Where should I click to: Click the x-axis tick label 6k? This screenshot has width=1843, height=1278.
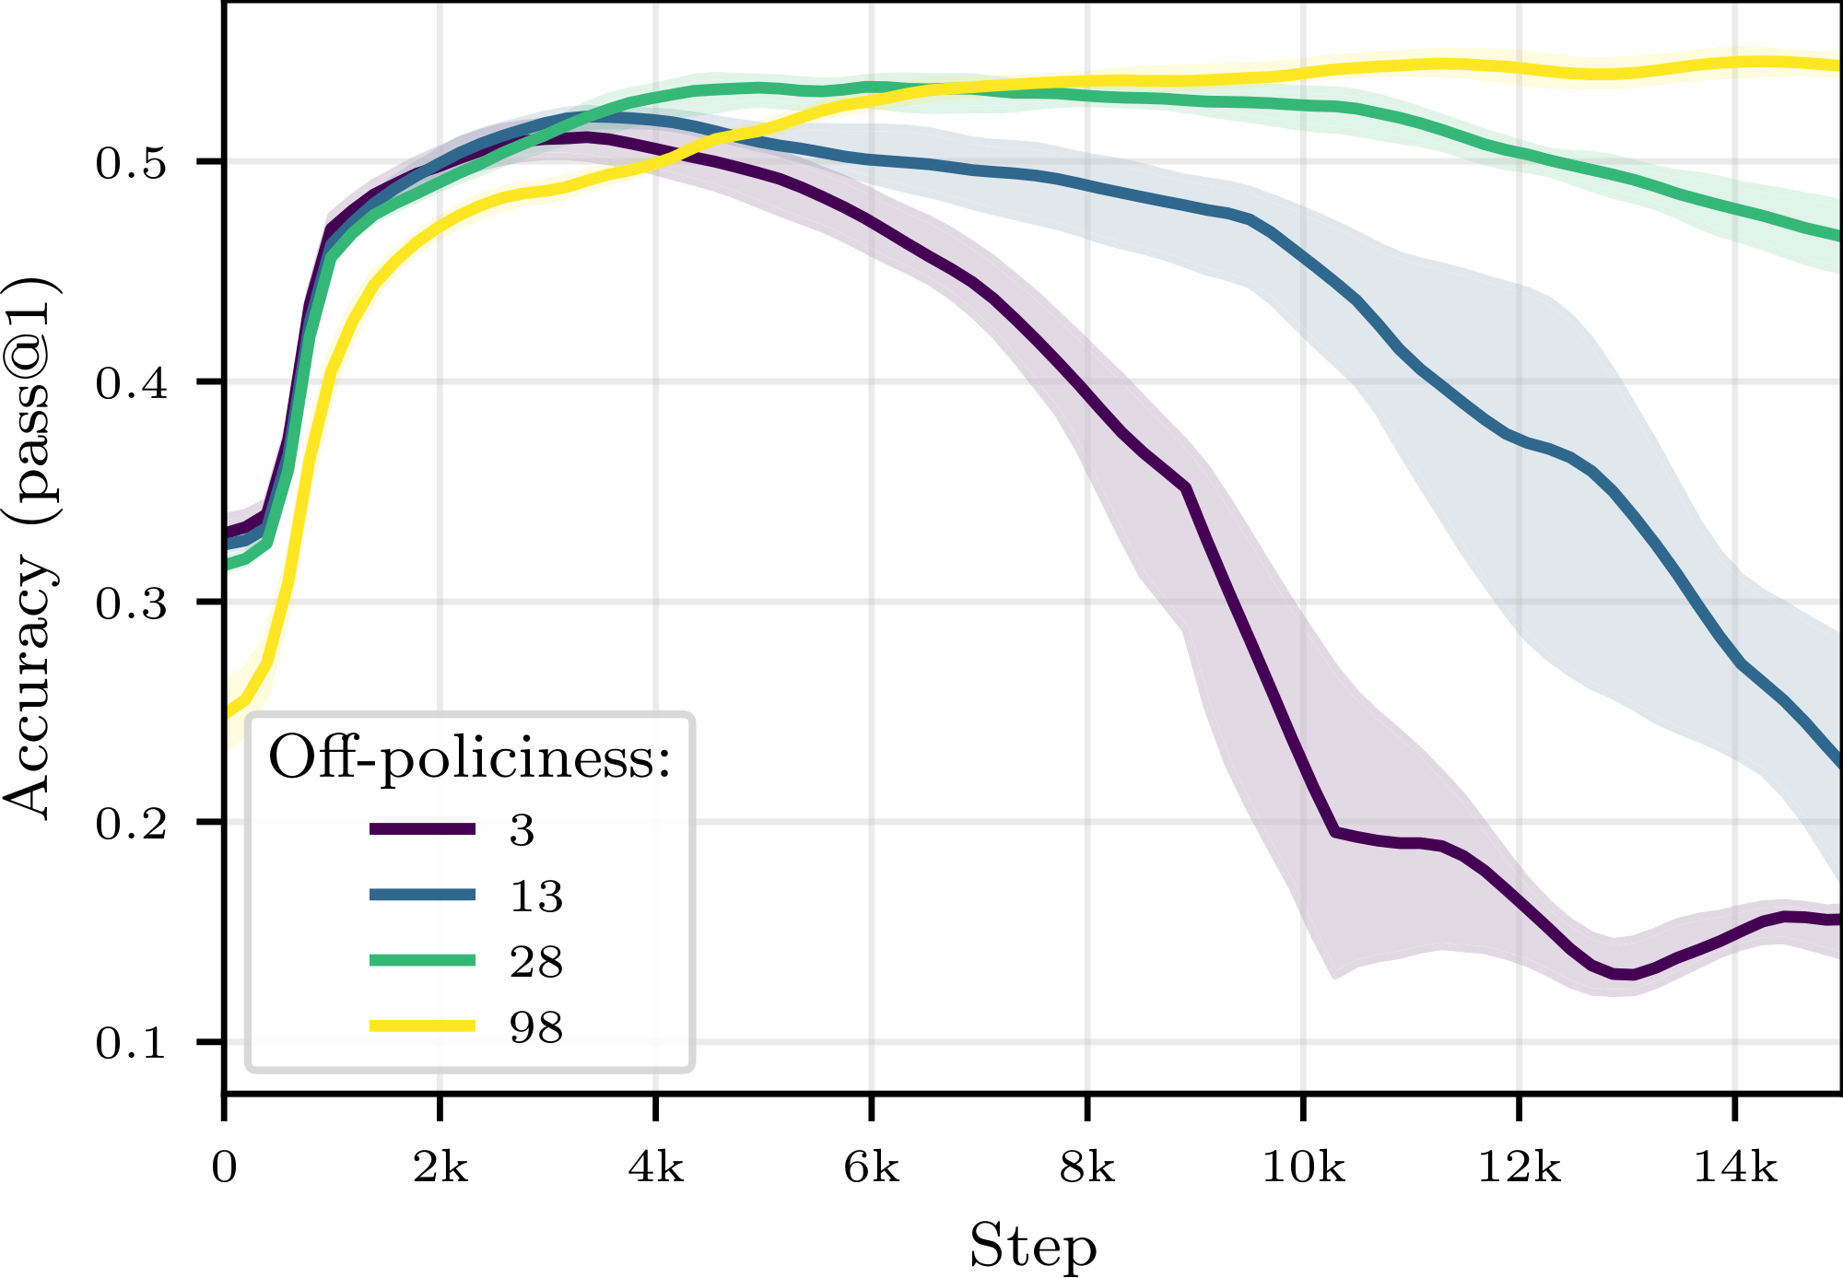click(871, 1168)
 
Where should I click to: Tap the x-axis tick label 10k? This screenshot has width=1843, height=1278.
click(1302, 1168)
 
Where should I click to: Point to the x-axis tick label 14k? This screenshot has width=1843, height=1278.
click(1734, 1168)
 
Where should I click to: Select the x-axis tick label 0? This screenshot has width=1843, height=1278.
click(224, 1168)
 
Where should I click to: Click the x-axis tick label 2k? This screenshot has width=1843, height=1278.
click(440, 1168)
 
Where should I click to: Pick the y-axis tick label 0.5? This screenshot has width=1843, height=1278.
click(131, 163)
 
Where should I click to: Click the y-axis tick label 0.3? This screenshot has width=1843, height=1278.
click(131, 603)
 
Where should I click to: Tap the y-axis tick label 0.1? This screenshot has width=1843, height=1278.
click(131, 1043)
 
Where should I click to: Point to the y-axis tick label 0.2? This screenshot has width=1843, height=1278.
click(131, 823)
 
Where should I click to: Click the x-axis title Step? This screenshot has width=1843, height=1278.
click(1032, 1246)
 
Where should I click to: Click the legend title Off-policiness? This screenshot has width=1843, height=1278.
click(469, 759)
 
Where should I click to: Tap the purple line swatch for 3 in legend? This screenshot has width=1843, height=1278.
click(422, 829)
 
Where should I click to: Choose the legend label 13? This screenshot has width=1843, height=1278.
click(535, 896)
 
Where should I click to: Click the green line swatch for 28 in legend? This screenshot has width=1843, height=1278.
click(422, 960)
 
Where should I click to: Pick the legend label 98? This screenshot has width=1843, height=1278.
click(535, 1026)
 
